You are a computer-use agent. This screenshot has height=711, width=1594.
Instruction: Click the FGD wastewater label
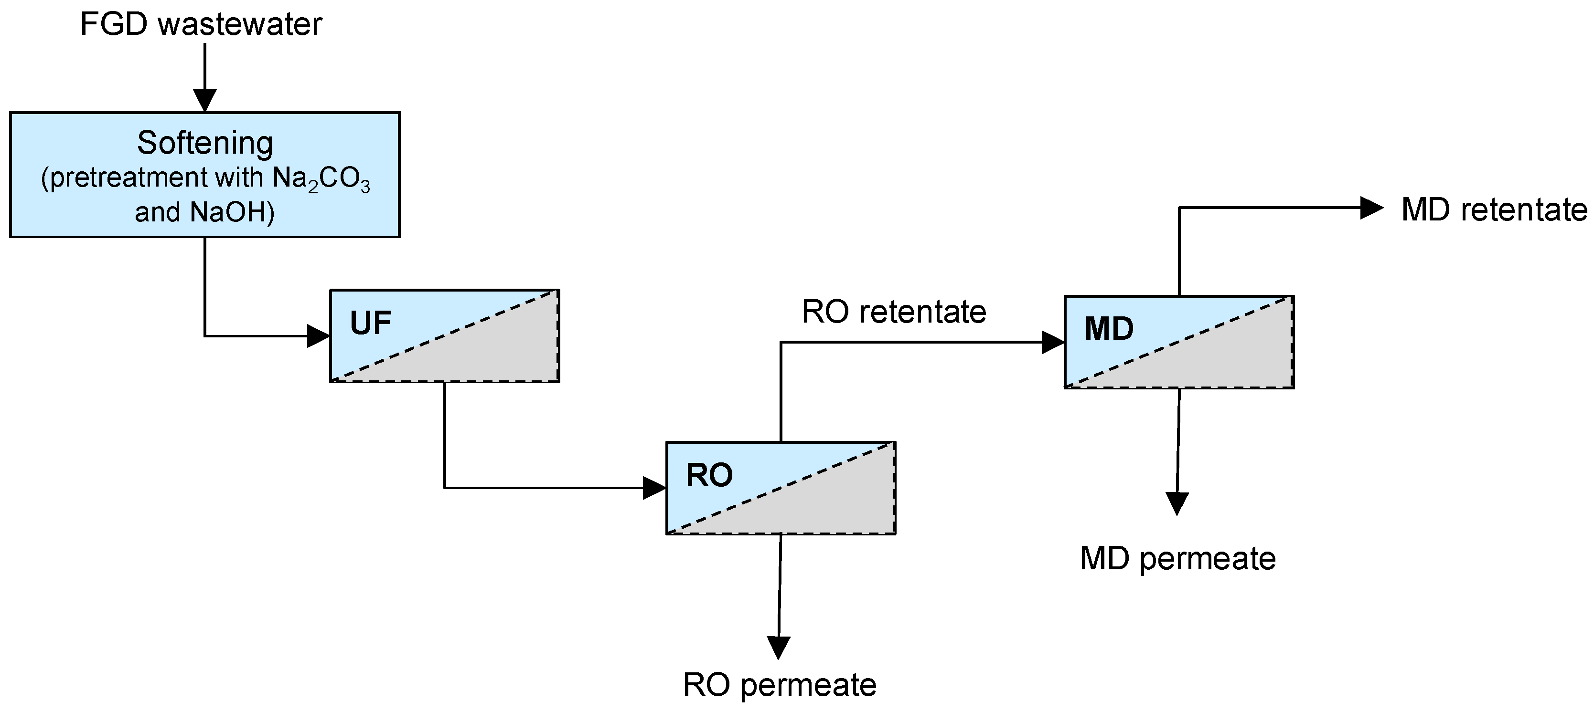[x=201, y=25]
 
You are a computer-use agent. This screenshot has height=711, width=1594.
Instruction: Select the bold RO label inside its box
[x=709, y=475]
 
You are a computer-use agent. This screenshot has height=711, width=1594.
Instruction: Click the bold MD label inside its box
[x=1109, y=329]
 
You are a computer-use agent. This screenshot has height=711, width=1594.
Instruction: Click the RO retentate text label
[x=894, y=312]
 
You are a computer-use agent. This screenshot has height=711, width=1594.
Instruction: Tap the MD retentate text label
[x=1494, y=210]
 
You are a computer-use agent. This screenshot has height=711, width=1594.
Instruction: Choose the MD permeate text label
[x=1177, y=559]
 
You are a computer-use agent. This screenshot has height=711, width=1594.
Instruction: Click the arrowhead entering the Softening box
[x=205, y=100]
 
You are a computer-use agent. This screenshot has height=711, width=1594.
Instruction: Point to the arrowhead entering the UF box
[x=318, y=336]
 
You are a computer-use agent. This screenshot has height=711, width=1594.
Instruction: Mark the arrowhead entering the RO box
[x=654, y=488]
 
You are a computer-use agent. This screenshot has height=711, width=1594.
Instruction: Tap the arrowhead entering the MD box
[x=1053, y=342]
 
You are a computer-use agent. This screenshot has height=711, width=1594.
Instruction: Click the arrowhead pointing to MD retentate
[x=1371, y=208]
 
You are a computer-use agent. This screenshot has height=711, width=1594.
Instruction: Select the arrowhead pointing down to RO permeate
[x=779, y=647]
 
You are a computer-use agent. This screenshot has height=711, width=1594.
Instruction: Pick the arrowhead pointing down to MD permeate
[x=1177, y=502]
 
